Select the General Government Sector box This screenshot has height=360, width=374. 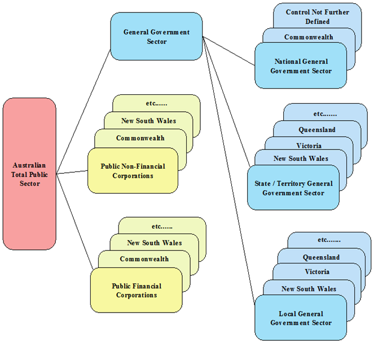(156, 37)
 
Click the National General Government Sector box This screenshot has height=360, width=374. (300, 66)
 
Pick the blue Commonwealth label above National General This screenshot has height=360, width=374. (309, 37)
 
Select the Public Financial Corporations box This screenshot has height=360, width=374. (136, 290)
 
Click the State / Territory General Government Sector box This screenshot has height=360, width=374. (293, 188)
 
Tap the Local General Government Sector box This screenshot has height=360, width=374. (301, 318)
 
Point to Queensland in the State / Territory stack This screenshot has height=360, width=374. (316, 130)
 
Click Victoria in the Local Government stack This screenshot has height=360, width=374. (317, 271)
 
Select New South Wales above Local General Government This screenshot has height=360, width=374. (309, 289)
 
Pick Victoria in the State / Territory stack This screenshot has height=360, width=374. (309, 146)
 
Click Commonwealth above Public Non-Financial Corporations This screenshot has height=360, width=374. (140, 138)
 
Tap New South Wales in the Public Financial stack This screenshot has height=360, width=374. (154, 243)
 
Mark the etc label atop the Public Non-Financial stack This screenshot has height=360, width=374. (156, 104)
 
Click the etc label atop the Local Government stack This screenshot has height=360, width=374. (329, 240)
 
